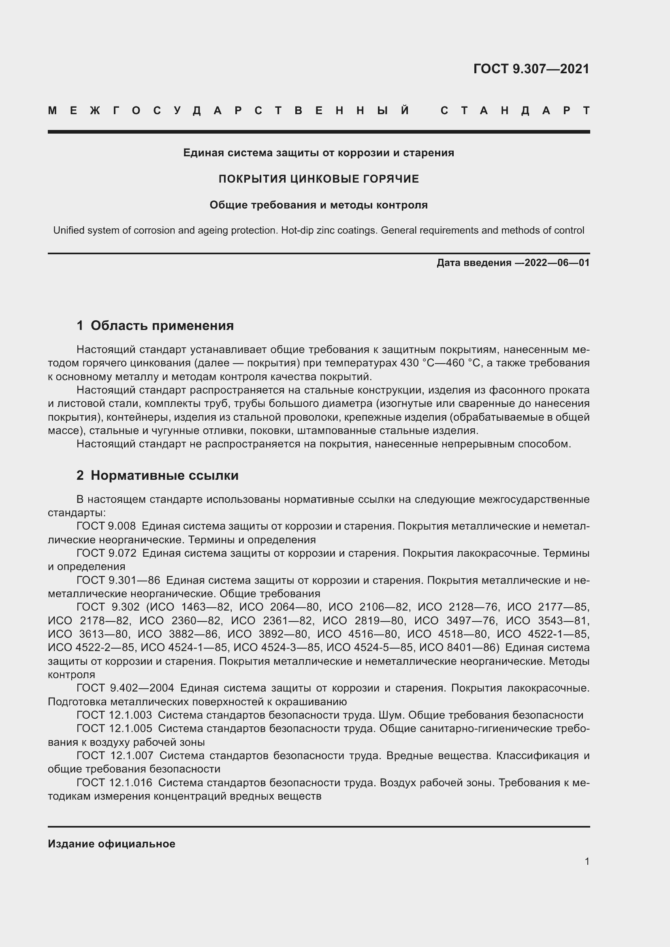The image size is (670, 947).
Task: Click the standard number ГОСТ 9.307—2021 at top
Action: click(531, 69)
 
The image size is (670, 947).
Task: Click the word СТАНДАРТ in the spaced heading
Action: click(515, 111)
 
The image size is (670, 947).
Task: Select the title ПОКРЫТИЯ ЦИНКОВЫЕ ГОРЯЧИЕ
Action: click(318, 179)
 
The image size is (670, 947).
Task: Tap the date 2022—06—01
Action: click(557, 263)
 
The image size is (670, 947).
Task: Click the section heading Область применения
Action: click(162, 326)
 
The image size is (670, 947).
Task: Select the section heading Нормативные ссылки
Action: click(164, 475)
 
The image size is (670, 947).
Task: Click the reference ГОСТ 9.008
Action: click(106, 526)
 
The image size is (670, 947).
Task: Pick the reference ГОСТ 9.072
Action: click(106, 553)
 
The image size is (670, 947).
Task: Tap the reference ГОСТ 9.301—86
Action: click(118, 580)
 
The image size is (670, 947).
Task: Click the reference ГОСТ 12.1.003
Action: click(114, 715)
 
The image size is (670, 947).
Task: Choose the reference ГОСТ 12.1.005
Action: click(114, 728)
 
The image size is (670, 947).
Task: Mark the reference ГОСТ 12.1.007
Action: click(115, 755)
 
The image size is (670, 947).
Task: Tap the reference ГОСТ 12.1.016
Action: click(114, 783)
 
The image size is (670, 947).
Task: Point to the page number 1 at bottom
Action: click(587, 862)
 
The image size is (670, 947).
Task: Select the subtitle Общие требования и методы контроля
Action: click(318, 205)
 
